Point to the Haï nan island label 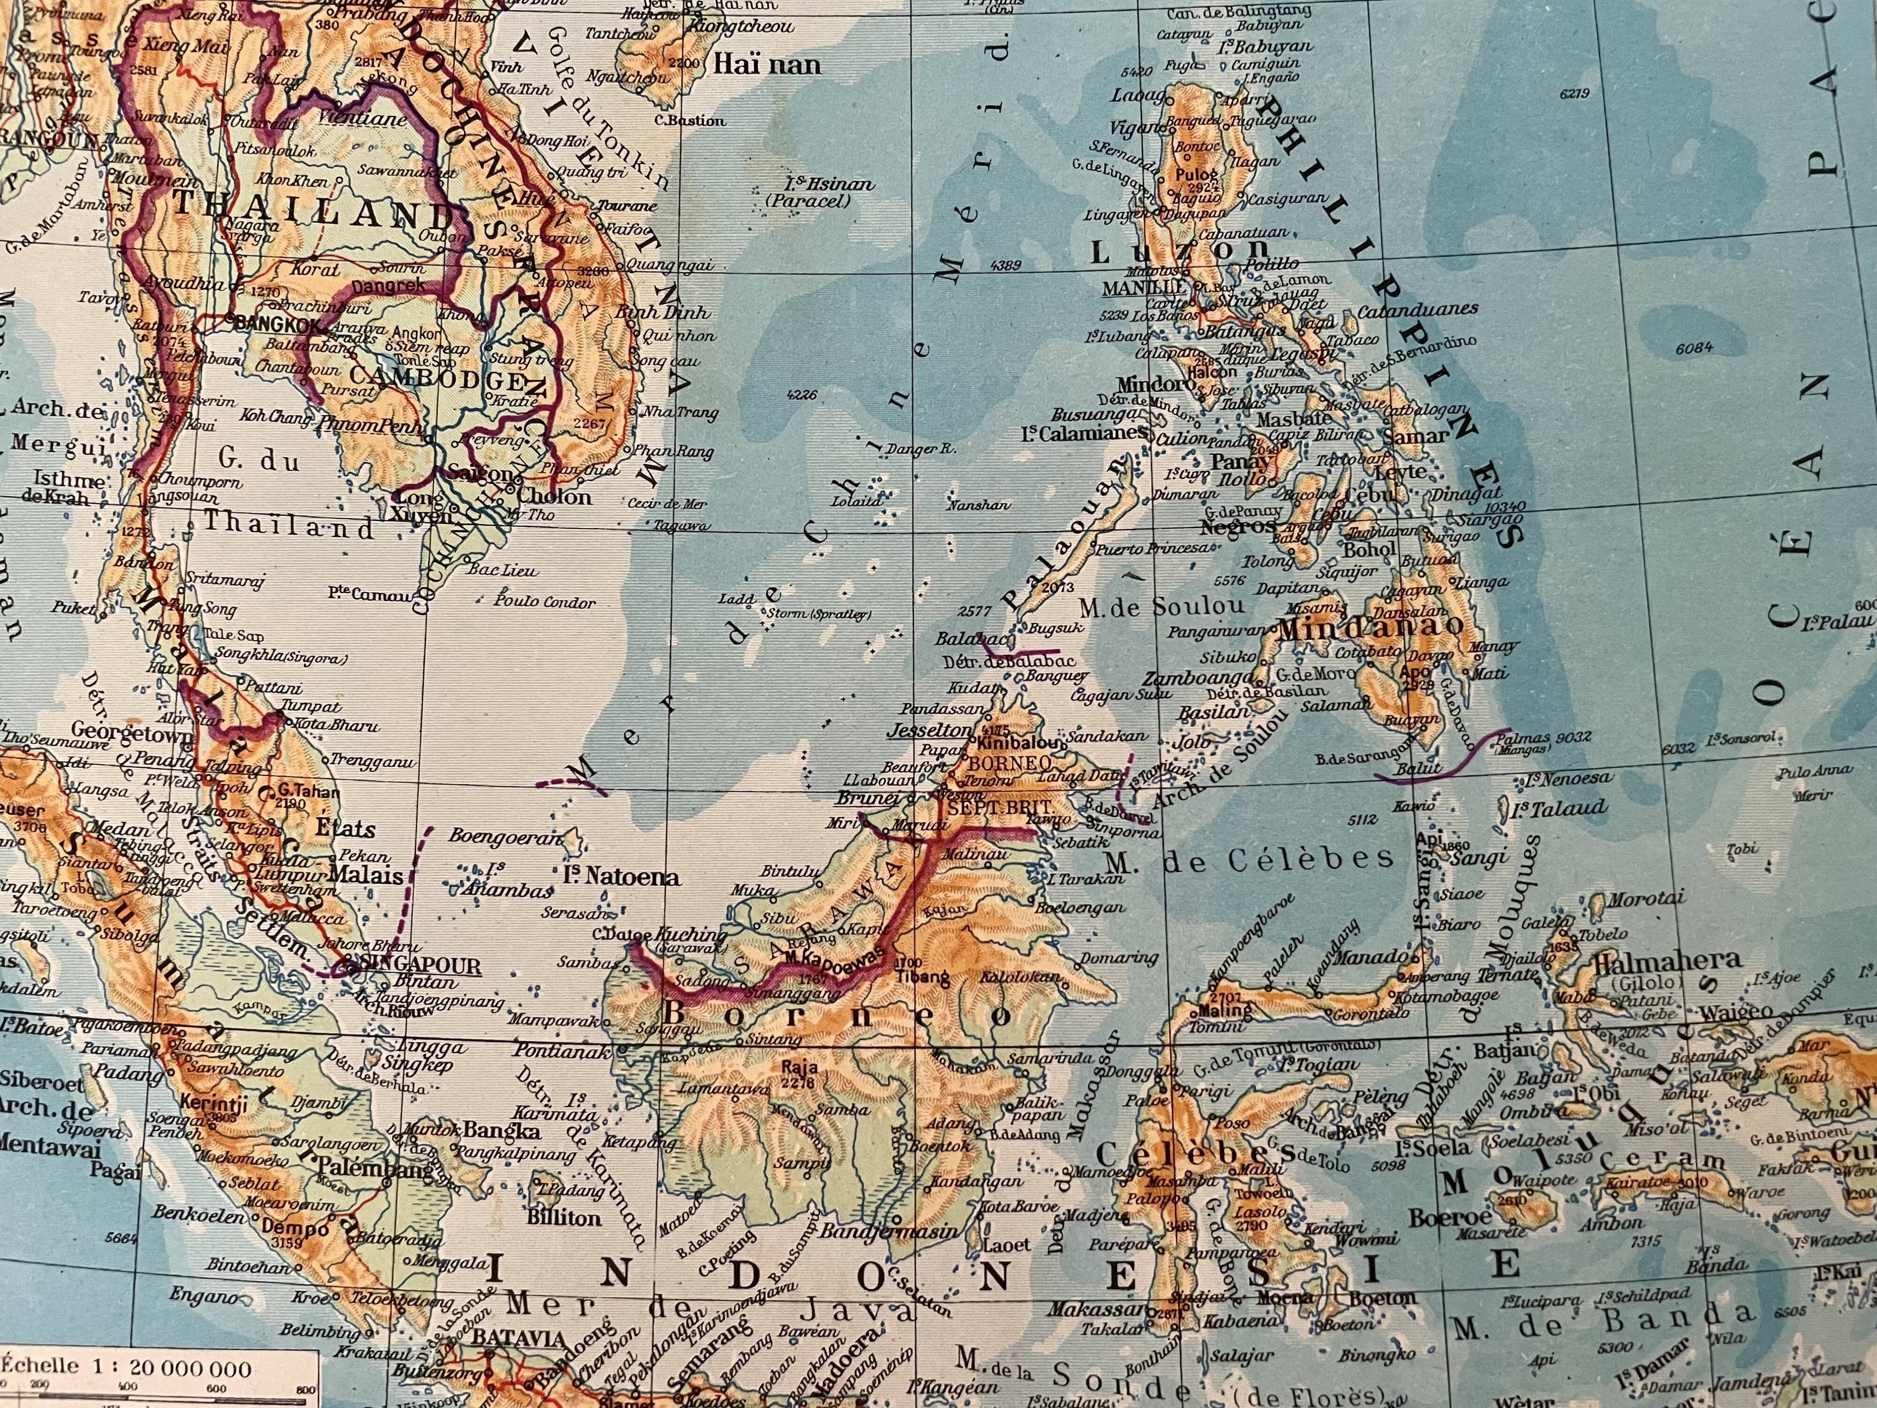tap(767, 64)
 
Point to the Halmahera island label tap(1668, 962)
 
